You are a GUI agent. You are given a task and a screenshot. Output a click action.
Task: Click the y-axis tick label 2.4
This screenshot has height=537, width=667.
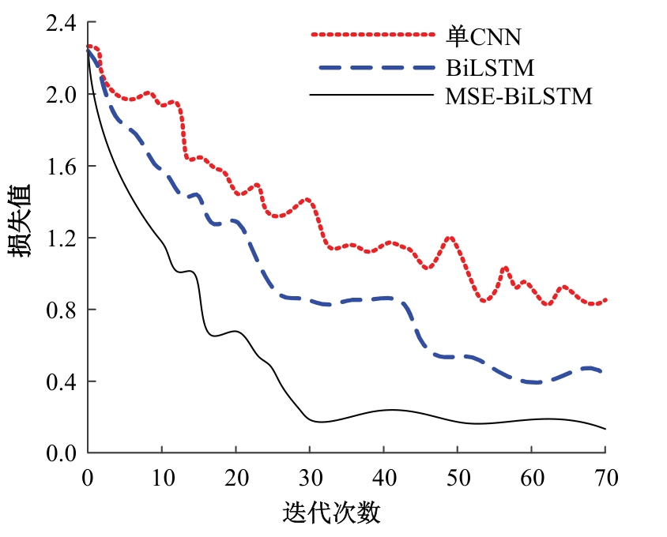tap(60, 24)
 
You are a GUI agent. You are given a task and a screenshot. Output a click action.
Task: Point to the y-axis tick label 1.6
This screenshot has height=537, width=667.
tap(60, 167)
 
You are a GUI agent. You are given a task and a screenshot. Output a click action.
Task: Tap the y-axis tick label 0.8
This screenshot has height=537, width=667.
tap(60, 310)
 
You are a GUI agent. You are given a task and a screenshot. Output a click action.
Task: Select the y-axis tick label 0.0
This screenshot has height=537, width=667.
tap(60, 454)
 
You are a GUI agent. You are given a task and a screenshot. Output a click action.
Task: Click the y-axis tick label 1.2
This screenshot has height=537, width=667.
tap(60, 238)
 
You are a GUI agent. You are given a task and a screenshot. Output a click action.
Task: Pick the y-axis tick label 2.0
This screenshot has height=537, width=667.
tap(60, 95)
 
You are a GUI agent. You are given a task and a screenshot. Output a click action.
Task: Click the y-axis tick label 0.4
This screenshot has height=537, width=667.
tap(60, 382)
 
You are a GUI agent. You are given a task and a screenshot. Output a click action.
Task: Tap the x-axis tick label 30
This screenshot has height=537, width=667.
tap(309, 477)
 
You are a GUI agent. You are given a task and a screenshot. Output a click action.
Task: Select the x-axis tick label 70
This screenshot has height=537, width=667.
tap(605, 477)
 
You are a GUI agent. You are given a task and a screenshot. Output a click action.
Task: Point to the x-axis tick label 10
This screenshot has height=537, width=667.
tap(161, 477)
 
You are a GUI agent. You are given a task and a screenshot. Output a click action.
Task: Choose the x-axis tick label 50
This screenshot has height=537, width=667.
tap(458, 477)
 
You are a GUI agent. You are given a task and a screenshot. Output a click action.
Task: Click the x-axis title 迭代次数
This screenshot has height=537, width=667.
tap(332, 513)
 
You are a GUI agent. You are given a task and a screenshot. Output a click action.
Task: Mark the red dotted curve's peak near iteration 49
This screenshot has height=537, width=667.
tap(450, 237)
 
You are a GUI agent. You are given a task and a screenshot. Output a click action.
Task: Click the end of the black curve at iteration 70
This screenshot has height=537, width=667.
tap(605, 429)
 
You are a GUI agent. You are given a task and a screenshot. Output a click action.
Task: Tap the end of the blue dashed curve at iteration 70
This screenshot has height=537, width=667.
tap(604, 372)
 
